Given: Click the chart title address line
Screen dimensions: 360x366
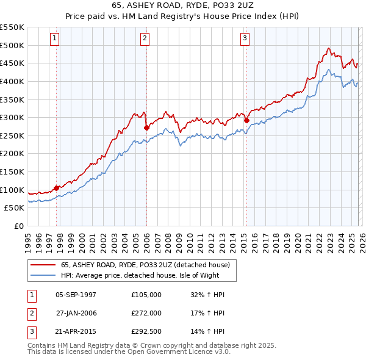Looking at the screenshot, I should (x=183, y=6).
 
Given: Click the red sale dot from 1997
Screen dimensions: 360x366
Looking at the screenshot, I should (x=57, y=188).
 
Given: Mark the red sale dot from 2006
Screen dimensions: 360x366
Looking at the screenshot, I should (x=146, y=128).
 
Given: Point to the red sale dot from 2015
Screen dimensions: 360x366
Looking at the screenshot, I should (x=246, y=120).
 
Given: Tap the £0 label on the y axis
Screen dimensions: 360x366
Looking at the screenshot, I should (x=18, y=226).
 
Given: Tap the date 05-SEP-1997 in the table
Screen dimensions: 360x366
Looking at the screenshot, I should (x=76, y=295).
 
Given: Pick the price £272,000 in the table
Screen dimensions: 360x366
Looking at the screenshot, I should (x=146, y=313).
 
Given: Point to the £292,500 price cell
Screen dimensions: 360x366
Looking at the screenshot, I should (x=146, y=331).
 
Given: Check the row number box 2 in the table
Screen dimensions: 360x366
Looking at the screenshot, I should (x=30, y=313).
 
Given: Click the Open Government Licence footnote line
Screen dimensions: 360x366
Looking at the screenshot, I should (x=129, y=352).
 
